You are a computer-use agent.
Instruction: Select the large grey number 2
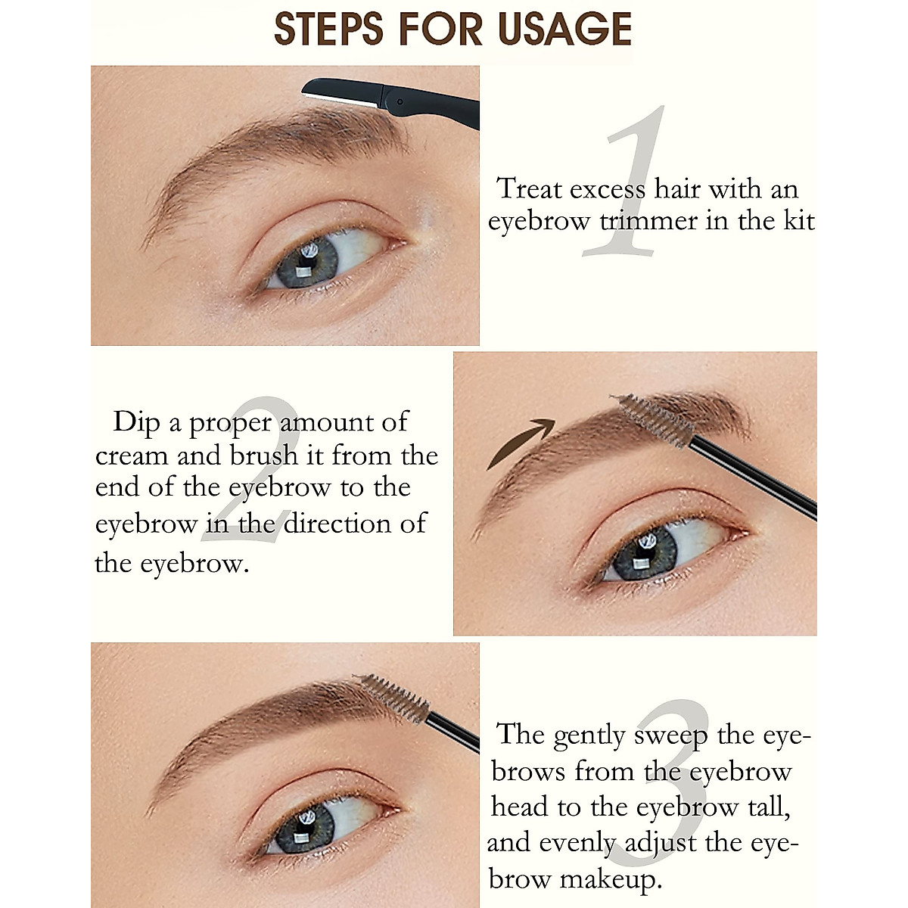(x=250, y=469)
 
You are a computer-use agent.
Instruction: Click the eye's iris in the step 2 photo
(x=643, y=553)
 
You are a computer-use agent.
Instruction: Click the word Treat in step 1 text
(x=530, y=188)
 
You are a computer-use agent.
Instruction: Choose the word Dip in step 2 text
(x=137, y=421)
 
